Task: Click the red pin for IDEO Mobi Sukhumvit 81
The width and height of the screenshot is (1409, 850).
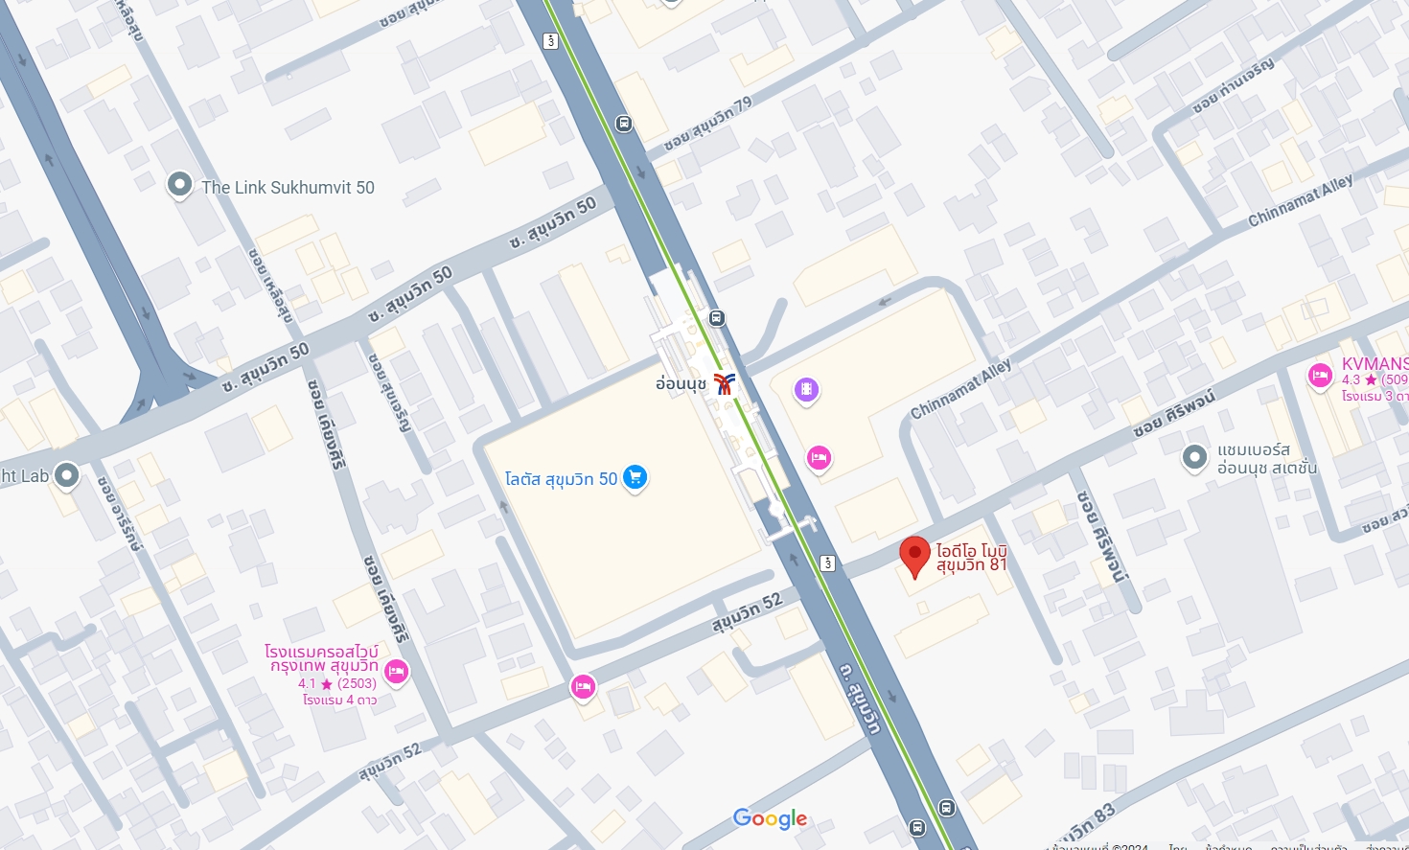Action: point(914,555)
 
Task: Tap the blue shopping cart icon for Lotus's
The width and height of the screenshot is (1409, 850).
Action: point(635,476)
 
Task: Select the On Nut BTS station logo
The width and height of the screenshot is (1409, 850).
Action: point(724,383)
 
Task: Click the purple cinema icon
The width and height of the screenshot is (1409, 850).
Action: point(807,389)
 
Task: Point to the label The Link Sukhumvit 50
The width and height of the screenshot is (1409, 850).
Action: point(288,188)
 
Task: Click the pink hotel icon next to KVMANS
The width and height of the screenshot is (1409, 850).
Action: point(1320,375)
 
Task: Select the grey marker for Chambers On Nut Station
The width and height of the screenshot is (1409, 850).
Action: point(1194,457)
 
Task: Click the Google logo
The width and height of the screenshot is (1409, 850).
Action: point(770,818)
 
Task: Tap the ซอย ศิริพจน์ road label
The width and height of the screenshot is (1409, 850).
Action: point(1173,413)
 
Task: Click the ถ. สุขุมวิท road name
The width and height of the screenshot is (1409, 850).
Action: point(860,697)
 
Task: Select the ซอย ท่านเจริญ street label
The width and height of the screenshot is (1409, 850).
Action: point(1234,86)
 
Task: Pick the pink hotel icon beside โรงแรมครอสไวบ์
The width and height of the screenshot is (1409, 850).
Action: point(396,671)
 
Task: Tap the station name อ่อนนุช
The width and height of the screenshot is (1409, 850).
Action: point(681,383)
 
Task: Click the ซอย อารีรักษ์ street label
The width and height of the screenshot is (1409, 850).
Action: point(120,514)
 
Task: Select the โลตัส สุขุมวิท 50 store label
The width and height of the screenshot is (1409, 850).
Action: point(561,478)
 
